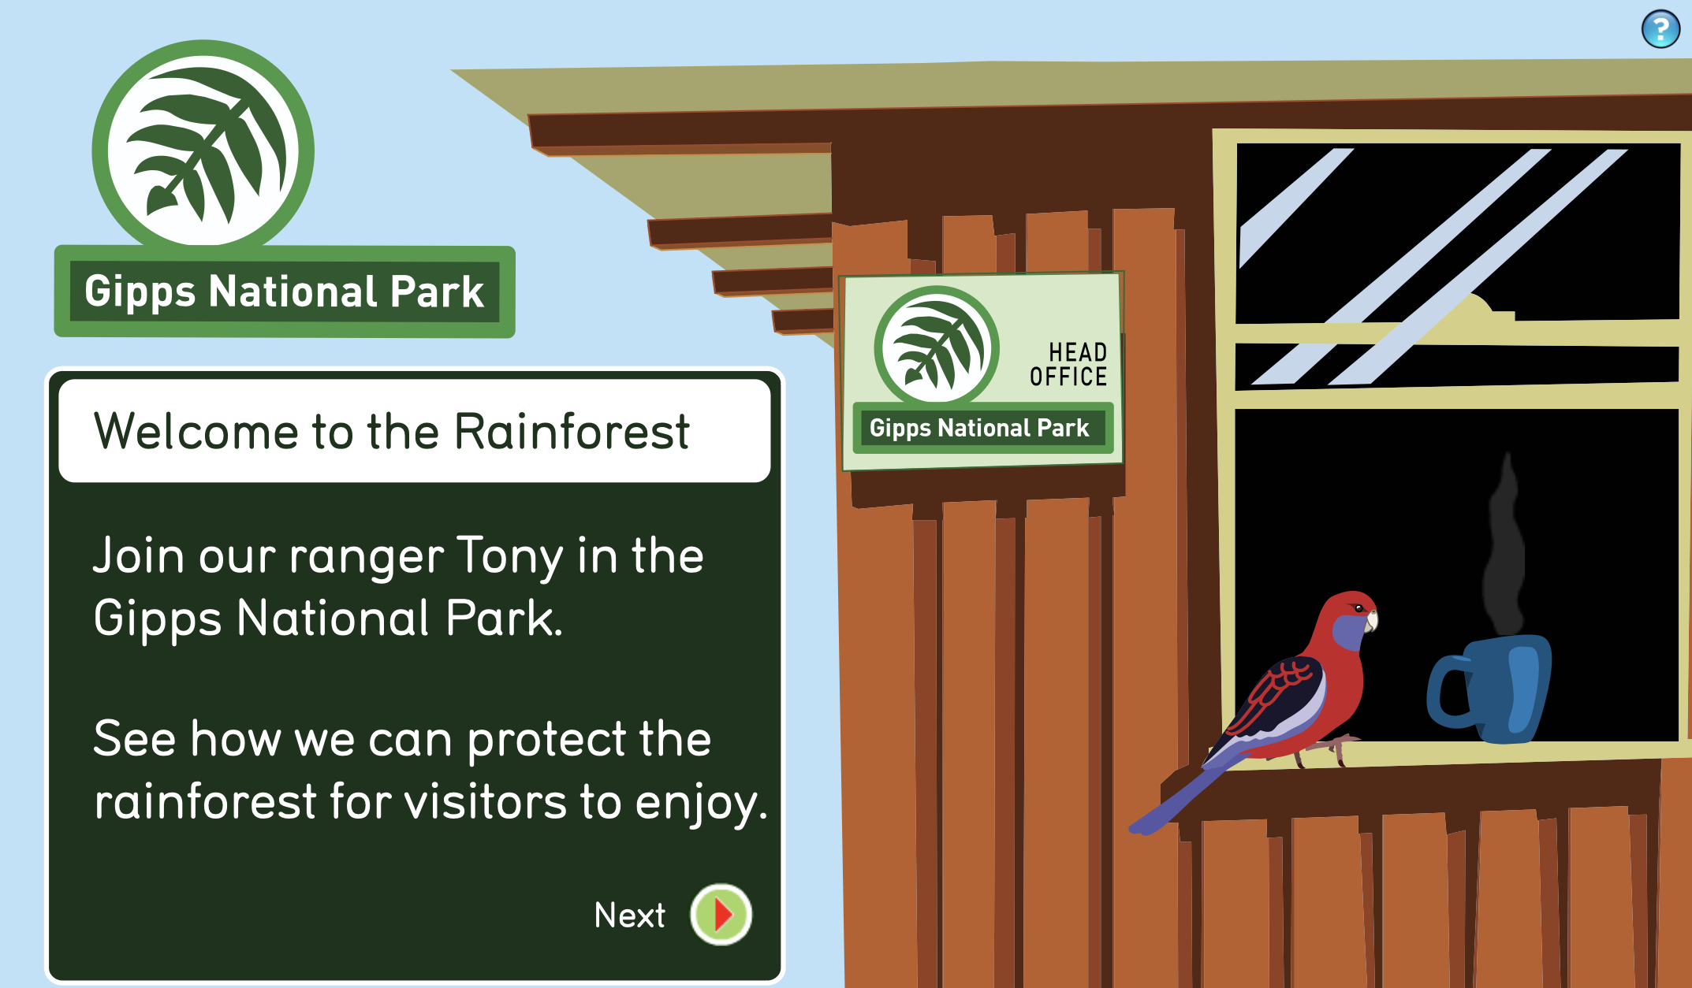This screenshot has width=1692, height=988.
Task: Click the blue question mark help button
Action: pos(1660,29)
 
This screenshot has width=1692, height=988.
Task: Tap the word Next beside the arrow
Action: pos(629,916)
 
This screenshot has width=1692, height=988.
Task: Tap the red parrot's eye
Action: pos(1358,608)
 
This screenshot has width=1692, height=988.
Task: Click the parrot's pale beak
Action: pos(1372,621)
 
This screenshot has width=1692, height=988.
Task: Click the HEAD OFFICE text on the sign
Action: pos(1068,364)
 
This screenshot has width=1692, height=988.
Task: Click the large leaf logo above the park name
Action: pos(203,150)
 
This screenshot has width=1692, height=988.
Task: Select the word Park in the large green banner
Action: pos(437,292)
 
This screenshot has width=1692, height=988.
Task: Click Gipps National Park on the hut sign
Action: pos(979,429)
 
